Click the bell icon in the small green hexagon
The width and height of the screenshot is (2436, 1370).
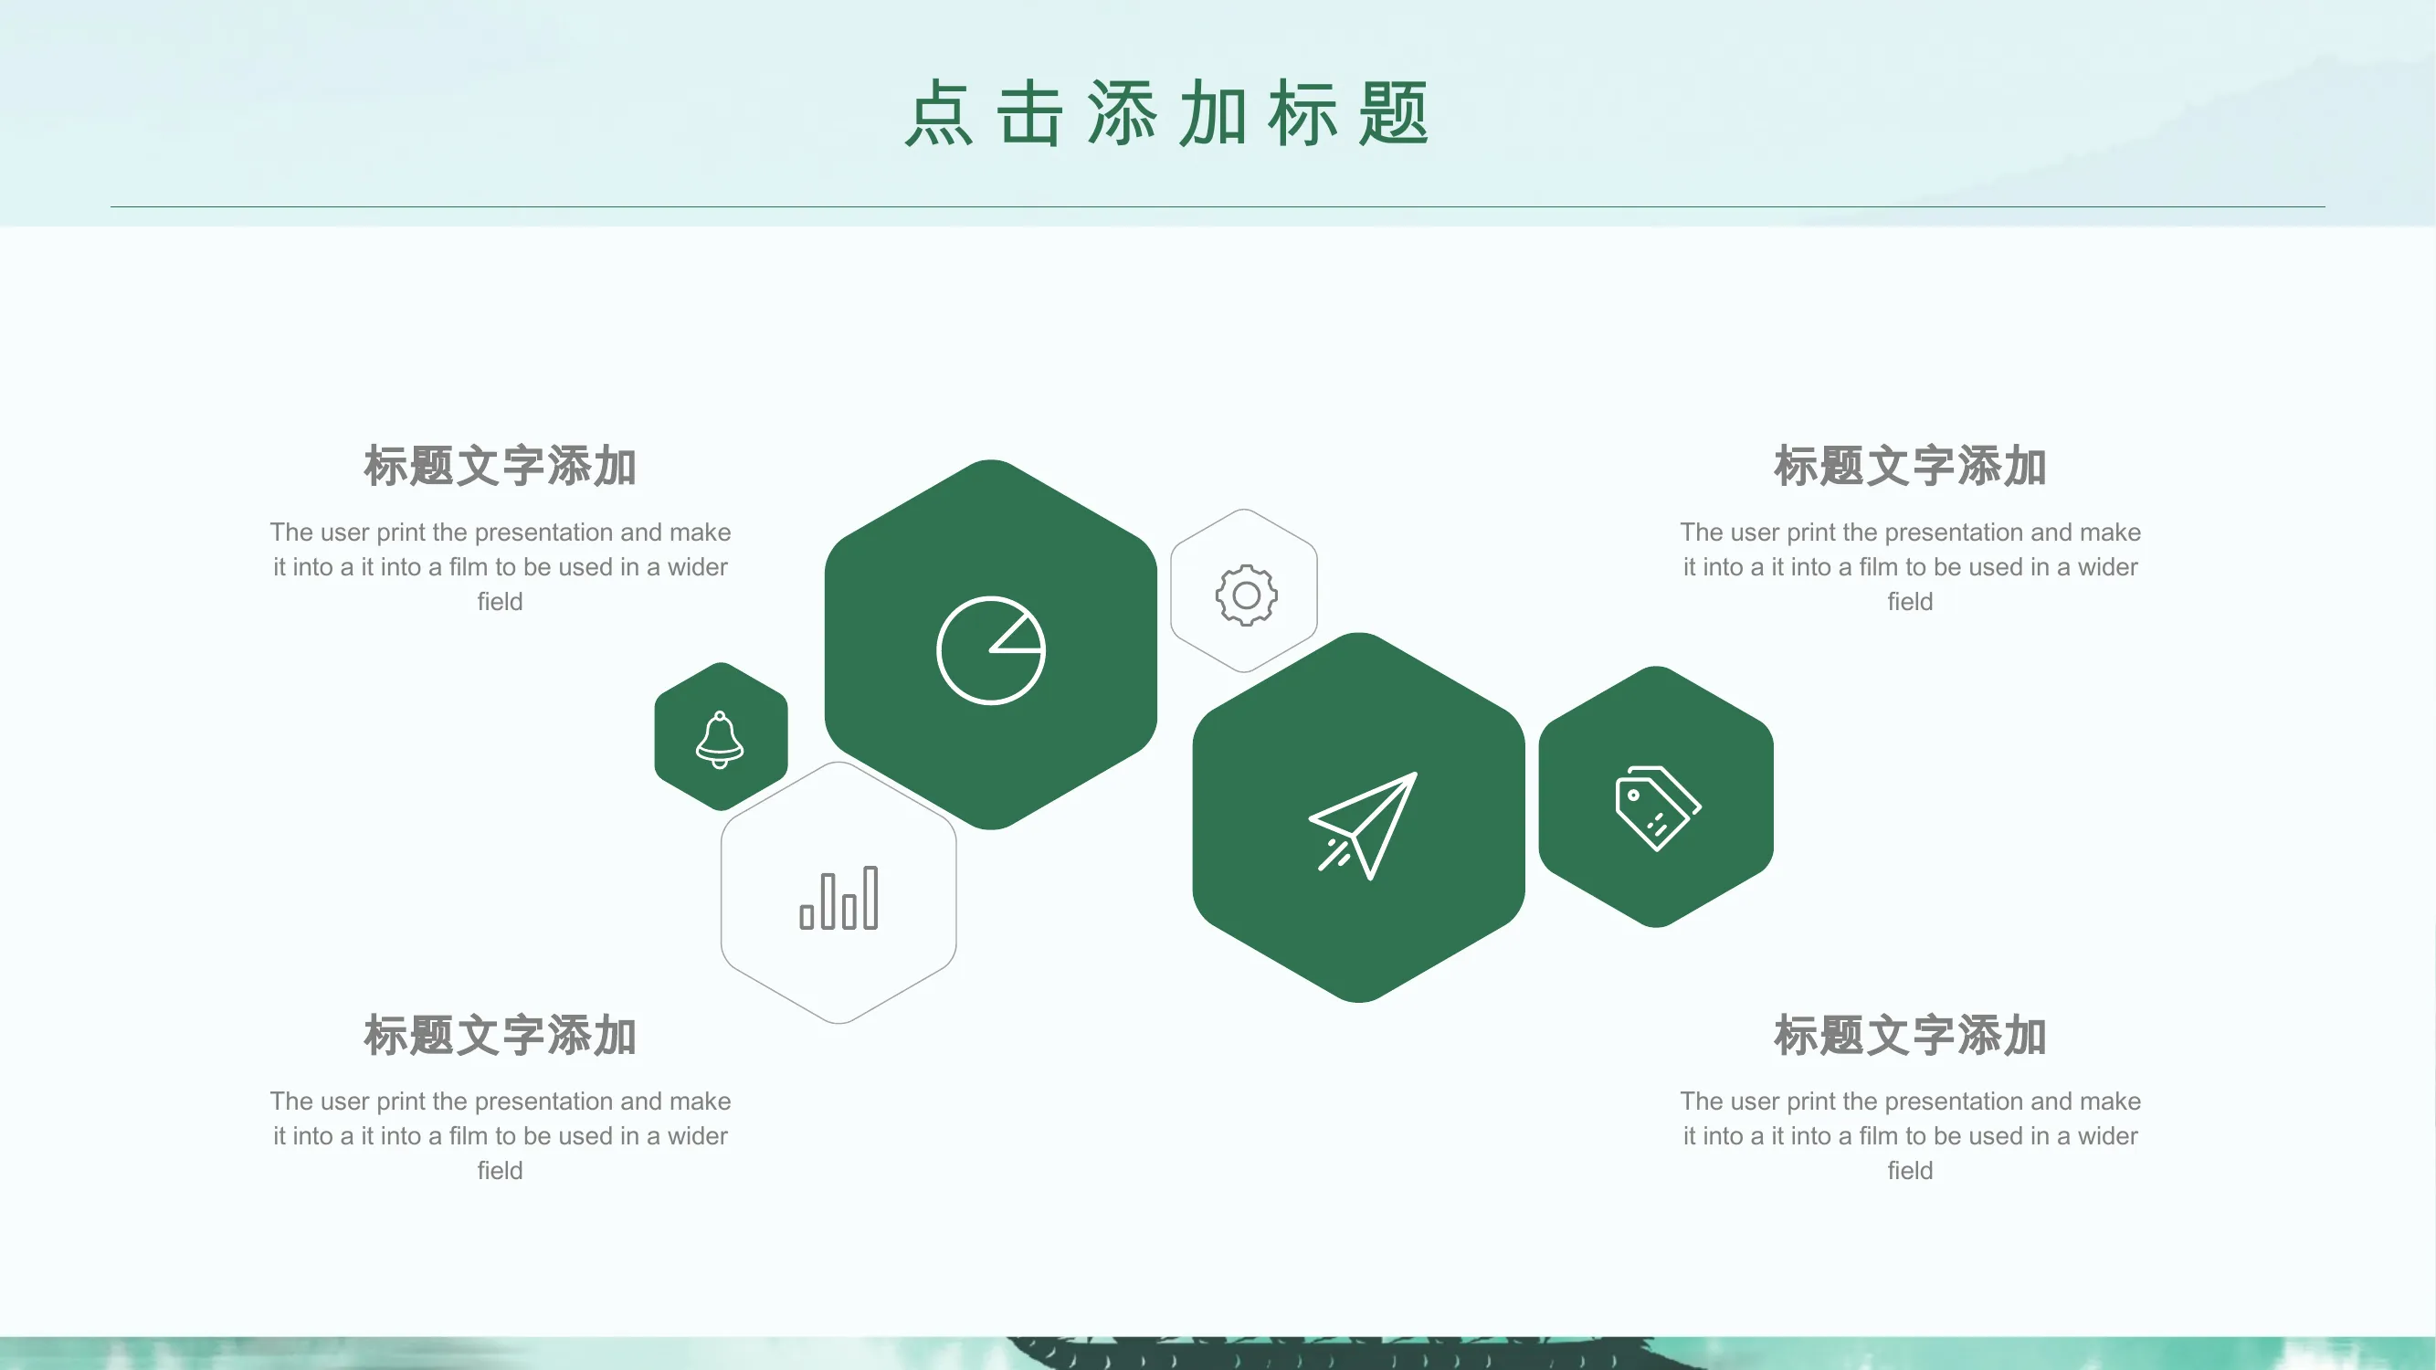720,740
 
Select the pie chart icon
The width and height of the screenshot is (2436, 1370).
991,650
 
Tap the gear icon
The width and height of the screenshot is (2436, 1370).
1247,595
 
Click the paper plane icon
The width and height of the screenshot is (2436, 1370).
1363,826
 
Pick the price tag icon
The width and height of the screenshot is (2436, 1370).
1658,808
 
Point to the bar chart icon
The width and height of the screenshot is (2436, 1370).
838,897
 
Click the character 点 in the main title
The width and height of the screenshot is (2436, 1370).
939,113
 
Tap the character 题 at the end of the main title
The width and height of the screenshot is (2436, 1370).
1394,113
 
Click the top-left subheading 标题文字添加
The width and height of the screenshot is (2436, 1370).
501,466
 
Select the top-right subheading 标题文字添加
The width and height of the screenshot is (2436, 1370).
1910,466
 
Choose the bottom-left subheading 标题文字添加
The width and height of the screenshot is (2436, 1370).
501,1036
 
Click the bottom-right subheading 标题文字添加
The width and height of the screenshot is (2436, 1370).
1910,1036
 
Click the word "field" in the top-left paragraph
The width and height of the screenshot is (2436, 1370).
501,601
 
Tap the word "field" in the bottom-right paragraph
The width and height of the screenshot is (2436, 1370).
1910,1171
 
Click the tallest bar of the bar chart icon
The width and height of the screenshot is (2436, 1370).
870,897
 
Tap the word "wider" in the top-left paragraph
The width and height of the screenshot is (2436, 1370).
698,567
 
